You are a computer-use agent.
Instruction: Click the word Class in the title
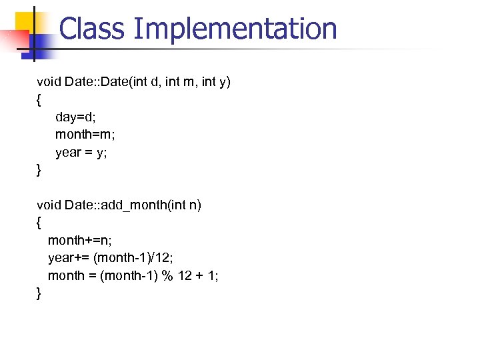[x=91, y=29]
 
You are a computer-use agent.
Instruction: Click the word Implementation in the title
[x=235, y=29]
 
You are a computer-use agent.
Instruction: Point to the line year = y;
[x=81, y=153]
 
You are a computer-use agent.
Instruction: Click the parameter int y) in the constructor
[x=215, y=82]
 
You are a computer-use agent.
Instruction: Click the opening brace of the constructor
[x=39, y=100]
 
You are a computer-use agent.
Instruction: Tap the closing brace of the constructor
[x=39, y=170]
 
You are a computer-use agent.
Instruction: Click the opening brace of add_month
[x=39, y=223]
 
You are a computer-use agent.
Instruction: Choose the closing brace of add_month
[x=39, y=293]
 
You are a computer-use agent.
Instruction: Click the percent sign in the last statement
[x=167, y=275]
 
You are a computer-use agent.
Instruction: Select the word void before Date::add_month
[x=49, y=205]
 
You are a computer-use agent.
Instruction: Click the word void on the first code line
[x=49, y=82]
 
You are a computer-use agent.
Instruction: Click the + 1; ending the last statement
[x=207, y=275]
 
